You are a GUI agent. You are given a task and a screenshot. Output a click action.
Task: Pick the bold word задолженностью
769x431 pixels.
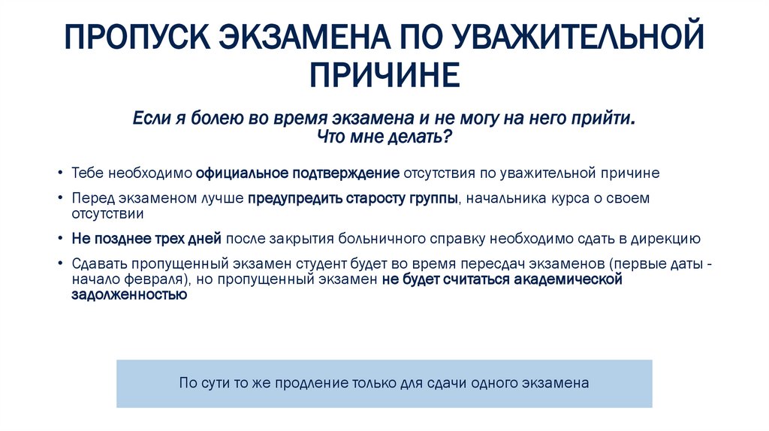pyautogui.click(x=128, y=295)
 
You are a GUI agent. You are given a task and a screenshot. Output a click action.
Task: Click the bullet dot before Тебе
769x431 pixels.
pyautogui.click(x=60, y=173)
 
